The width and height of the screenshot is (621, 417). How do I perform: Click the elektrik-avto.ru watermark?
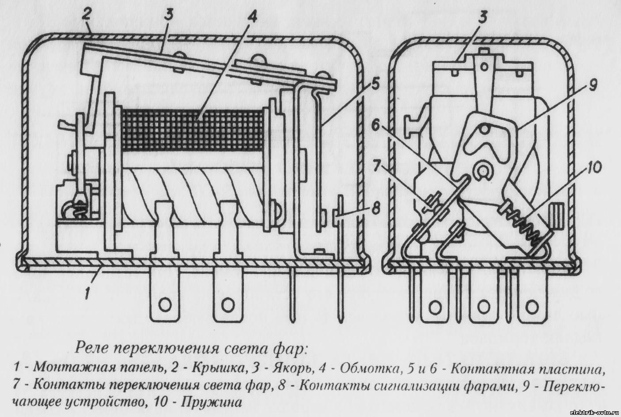[x=594, y=412]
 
